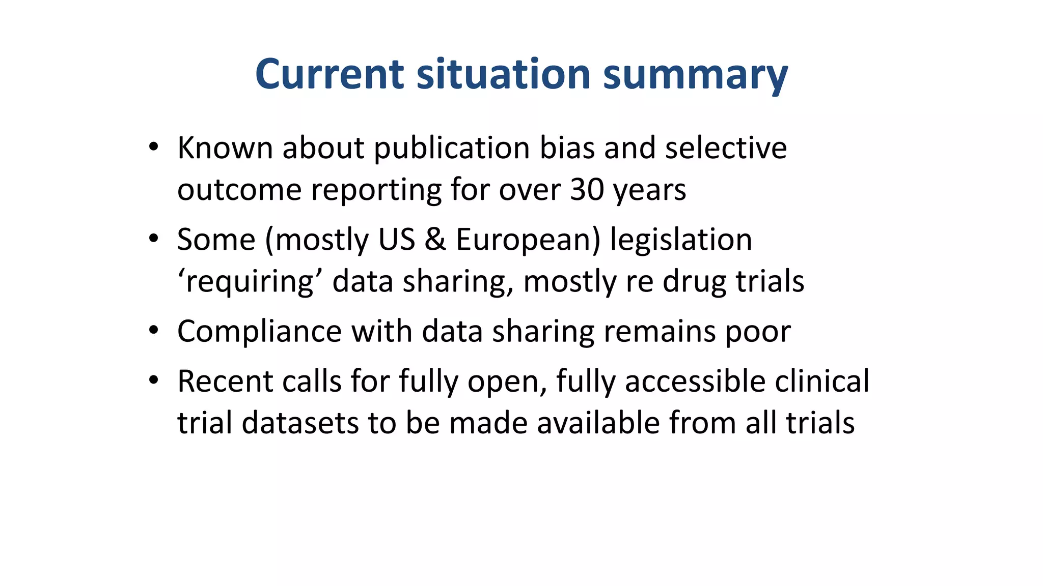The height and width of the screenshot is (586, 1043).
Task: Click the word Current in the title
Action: (330, 74)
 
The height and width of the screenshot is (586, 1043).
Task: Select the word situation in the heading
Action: (503, 74)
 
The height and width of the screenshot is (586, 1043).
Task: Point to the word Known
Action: (225, 148)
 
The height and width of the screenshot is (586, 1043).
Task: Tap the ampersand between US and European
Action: (435, 240)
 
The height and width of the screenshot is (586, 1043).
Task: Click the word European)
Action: (528, 240)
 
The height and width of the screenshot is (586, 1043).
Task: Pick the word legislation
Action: (681, 240)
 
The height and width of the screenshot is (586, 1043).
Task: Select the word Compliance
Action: (259, 331)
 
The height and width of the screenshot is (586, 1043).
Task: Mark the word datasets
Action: (300, 423)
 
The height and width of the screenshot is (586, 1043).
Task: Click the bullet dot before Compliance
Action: (154, 331)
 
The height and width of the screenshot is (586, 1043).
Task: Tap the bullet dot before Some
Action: (154, 239)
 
